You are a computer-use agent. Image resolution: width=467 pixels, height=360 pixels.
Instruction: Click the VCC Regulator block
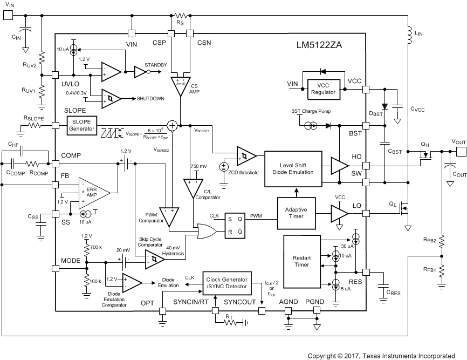323,89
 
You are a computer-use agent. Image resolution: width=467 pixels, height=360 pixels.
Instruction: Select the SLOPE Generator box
81,125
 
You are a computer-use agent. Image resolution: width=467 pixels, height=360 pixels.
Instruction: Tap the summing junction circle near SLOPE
171,125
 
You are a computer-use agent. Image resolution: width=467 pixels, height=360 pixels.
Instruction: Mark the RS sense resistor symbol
180,16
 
